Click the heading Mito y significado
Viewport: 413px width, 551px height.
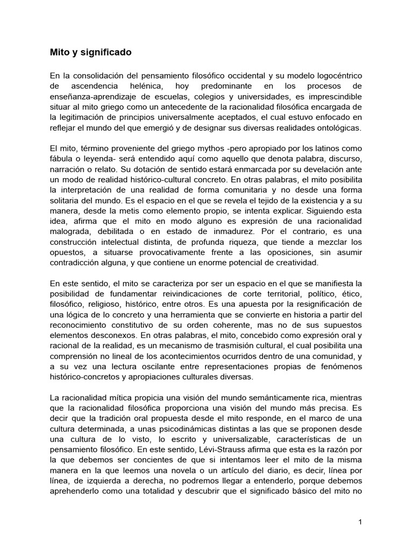point(90,53)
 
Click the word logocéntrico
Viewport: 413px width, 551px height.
point(336,76)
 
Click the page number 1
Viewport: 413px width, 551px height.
point(361,522)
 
